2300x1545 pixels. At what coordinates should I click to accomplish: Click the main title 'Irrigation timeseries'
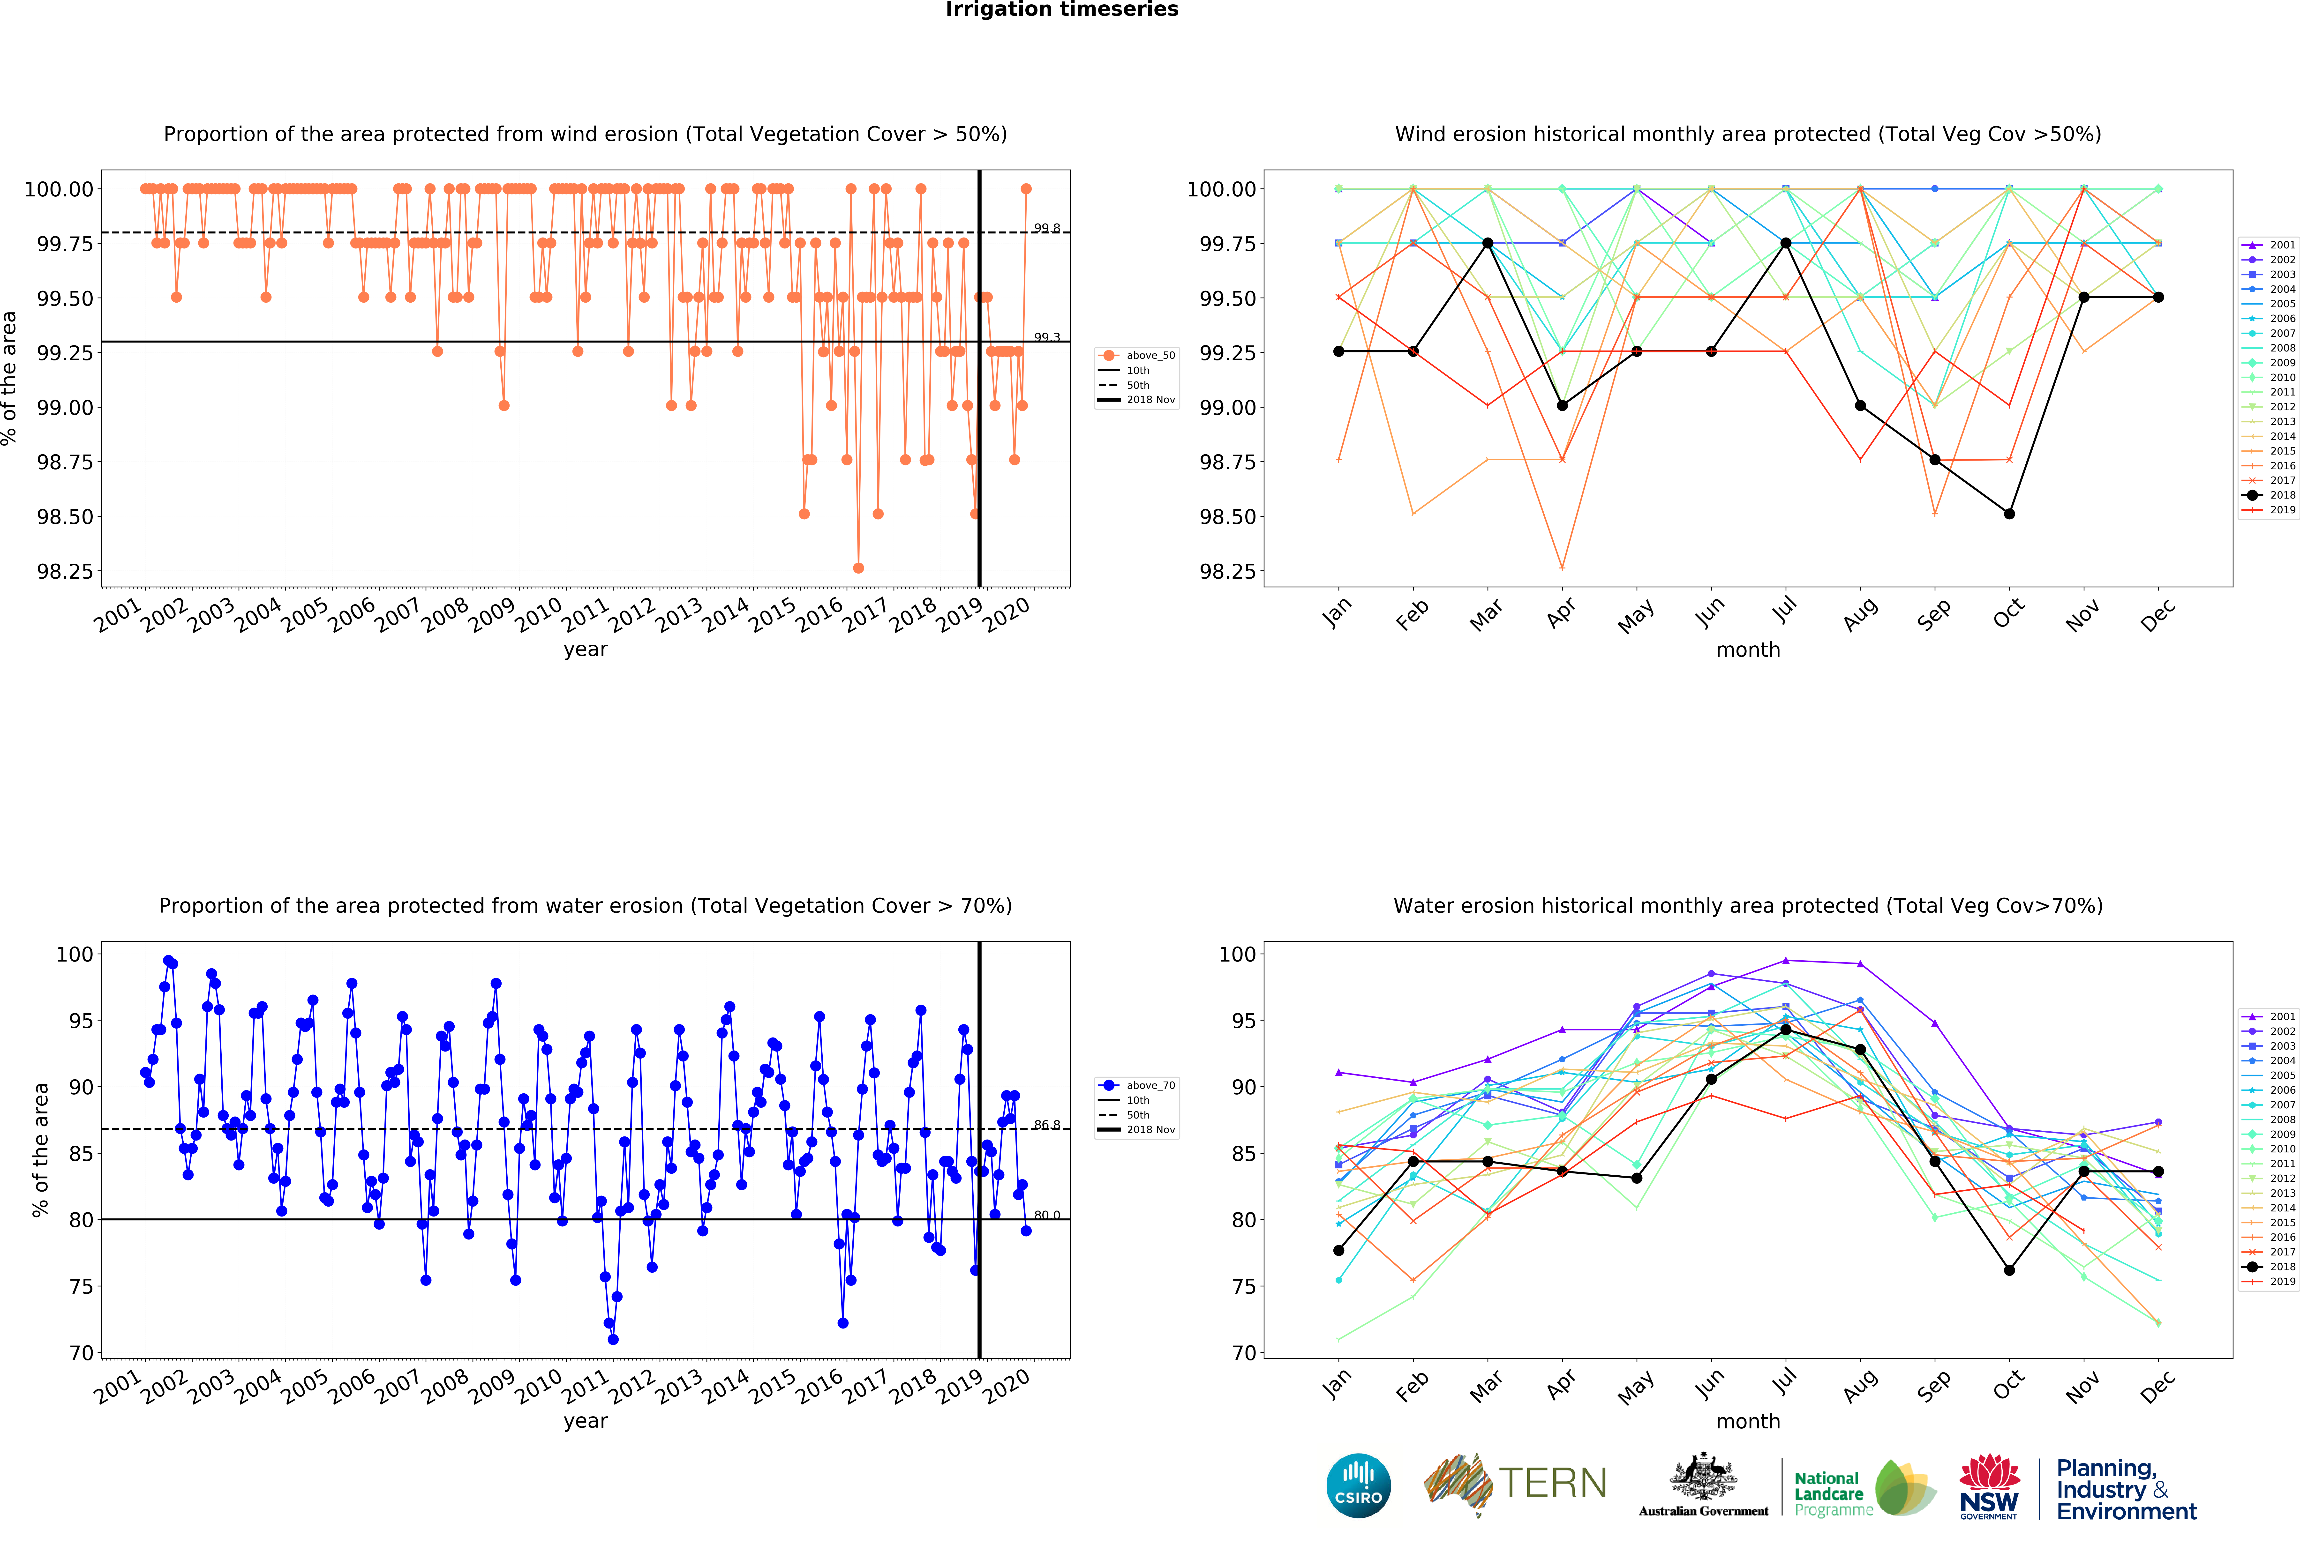click(x=1061, y=10)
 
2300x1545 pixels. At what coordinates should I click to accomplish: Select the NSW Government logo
click(x=1989, y=1486)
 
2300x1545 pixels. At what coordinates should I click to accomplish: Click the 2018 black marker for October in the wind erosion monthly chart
click(x=2009, y=513)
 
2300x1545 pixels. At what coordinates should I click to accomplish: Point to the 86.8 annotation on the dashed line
click(x=1046, y=1125)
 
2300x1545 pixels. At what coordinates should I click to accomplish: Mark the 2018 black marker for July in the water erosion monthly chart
click(x=1786, y=1030)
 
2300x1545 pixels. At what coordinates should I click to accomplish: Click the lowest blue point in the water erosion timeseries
click(x=613, y=1339)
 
